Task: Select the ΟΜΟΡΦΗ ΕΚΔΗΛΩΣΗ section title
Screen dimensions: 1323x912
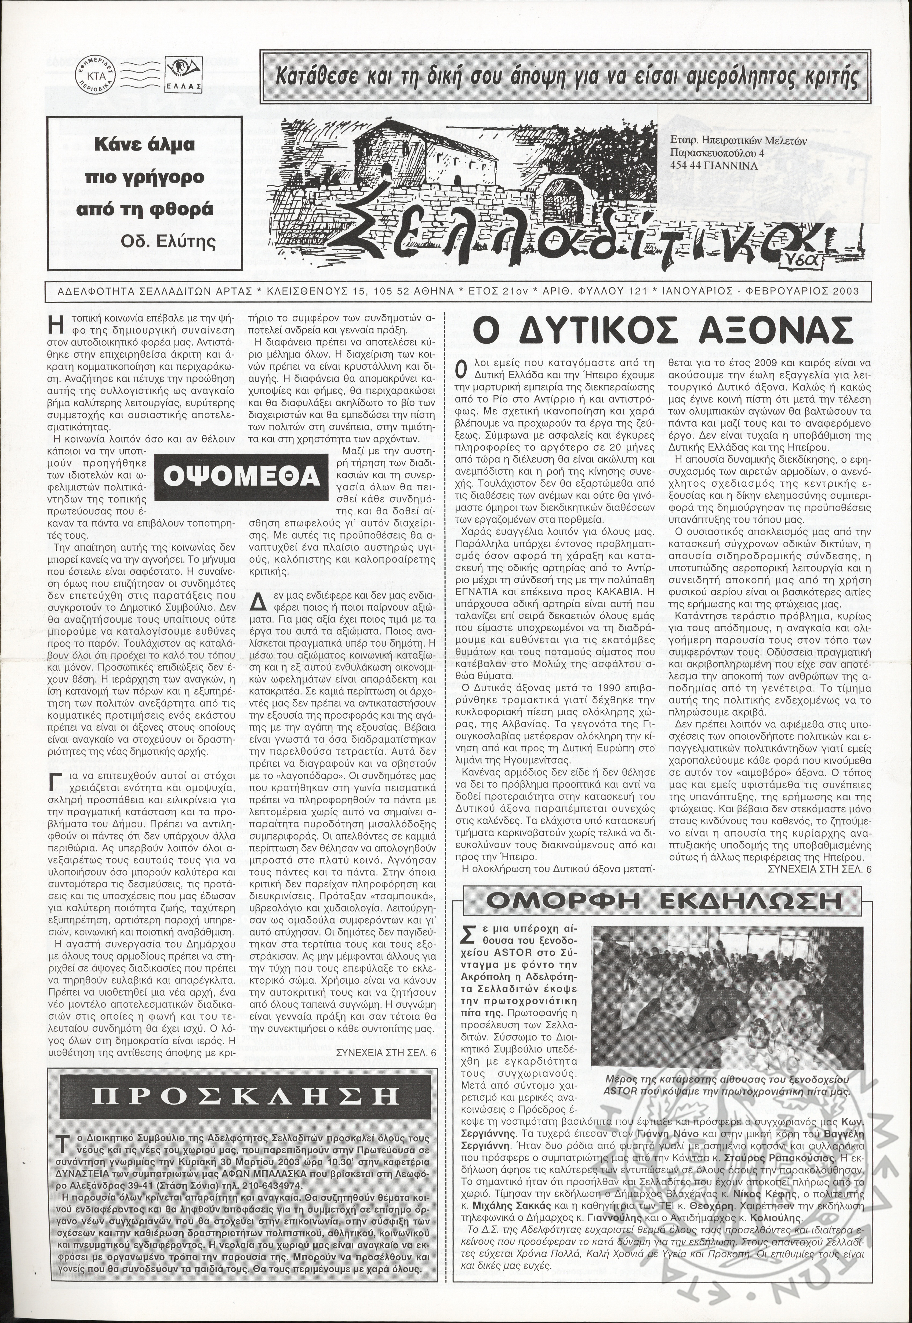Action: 663,901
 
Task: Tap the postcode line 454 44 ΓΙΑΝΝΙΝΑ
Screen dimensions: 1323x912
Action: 714,166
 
